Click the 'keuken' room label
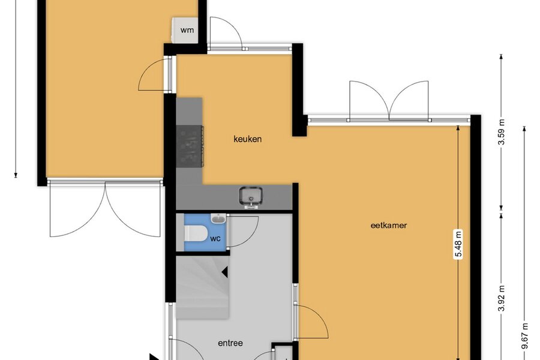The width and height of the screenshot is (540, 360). [247, 139]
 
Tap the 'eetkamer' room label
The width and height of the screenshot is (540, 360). [389, 226]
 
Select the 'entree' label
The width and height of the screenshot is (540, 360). [230, 343]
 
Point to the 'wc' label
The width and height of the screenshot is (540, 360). [215, 238]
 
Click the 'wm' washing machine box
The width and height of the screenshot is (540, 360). [185, 30]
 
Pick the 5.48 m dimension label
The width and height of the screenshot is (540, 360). [458, 244]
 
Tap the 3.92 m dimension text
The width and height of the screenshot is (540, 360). [502, 298]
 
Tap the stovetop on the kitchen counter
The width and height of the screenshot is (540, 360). [190, 146]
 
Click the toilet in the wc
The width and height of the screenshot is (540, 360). [195, 233]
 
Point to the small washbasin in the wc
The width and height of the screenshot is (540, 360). [218, 218]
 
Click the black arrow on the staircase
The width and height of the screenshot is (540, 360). [224, 272]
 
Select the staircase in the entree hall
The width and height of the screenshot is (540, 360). [203, 287]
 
